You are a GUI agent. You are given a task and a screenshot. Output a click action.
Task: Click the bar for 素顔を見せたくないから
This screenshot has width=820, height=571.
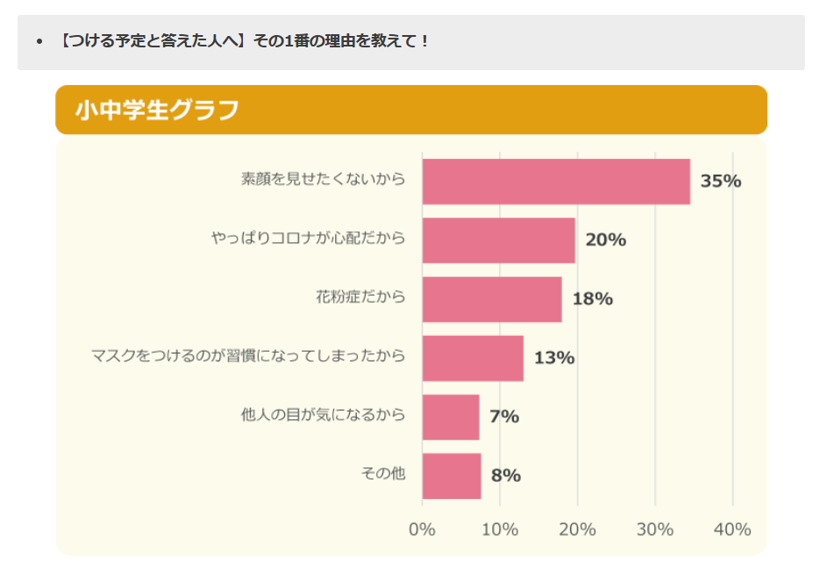(x=556, y=182)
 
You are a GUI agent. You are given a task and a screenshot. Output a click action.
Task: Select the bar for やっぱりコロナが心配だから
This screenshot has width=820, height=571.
(x=498, y=240)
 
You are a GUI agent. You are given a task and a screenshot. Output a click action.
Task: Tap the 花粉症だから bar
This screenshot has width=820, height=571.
(x=491, y=299)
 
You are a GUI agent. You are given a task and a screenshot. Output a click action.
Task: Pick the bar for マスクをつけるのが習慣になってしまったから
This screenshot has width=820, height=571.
(x=473, y=358)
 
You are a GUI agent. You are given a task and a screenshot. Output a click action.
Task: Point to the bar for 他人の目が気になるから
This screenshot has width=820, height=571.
(x=451, y=417)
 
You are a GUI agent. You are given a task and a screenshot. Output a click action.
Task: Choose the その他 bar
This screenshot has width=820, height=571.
(x=452, y=475)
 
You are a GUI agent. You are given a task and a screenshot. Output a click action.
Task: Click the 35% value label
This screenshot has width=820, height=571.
(x=721, y=182)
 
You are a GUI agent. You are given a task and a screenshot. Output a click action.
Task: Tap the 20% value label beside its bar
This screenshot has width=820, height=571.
(x=605, y=240)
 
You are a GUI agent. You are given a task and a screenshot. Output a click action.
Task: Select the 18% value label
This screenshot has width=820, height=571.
(x=592, y=299)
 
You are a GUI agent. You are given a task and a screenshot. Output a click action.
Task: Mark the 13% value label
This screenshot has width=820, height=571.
(x=554, y=358)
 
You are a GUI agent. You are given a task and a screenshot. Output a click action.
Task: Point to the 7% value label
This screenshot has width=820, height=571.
(x=504, y=417)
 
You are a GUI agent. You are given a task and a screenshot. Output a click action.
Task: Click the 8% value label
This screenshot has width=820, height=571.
(x=506, y=475)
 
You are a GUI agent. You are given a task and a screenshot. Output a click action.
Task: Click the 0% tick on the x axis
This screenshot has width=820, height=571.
(x=423, y=530)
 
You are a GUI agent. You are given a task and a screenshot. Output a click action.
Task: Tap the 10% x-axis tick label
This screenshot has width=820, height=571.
(x=500, y=530)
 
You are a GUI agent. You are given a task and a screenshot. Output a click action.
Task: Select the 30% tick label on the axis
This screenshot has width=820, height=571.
(x=655, y=530)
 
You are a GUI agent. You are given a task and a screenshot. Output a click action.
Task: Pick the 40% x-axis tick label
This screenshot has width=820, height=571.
(x=732, y=530)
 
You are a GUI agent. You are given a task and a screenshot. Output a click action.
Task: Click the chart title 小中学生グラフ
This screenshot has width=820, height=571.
(x=157, y=111)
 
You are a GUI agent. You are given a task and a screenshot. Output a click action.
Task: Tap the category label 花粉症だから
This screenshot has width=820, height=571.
(x=360, y=296)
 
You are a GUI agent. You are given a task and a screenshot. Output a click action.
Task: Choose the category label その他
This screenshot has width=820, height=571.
(x=383, y=474)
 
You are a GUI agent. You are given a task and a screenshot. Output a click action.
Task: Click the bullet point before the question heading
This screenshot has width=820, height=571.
(x=39, y=41)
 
